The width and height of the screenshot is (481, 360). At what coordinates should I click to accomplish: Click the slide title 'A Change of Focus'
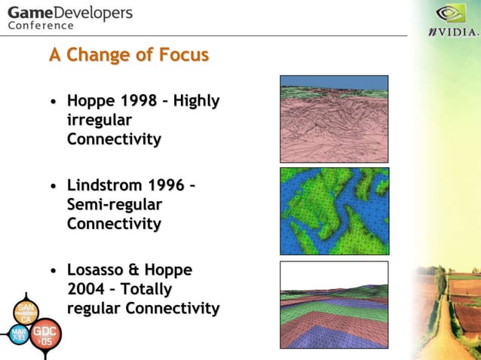128,56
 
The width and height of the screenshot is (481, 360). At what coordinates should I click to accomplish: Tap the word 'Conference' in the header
41,26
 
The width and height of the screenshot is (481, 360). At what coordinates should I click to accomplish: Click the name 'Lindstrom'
105,185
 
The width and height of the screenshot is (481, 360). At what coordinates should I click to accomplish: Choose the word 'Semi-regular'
115,205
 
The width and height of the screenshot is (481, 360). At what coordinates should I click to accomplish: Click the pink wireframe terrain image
334,119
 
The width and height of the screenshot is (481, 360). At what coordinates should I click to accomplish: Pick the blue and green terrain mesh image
334,211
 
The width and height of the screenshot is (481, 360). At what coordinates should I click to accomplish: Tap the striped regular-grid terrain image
334,304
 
